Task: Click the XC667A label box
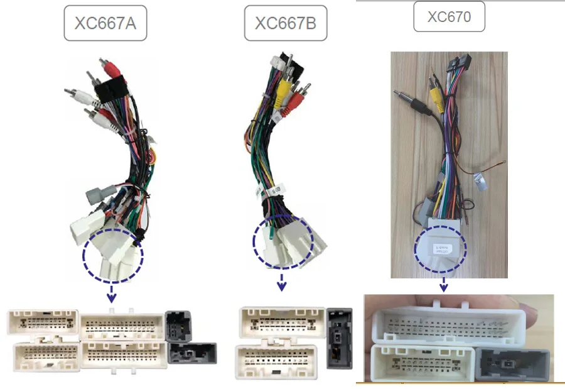pyautogui.click(x=105, y=24)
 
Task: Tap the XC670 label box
pyautogui.click(x=449, y=17)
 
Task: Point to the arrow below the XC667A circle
pyautogui.click(x=112, y=291)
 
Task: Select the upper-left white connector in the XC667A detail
pyautogui.click(x=43, y=322)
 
